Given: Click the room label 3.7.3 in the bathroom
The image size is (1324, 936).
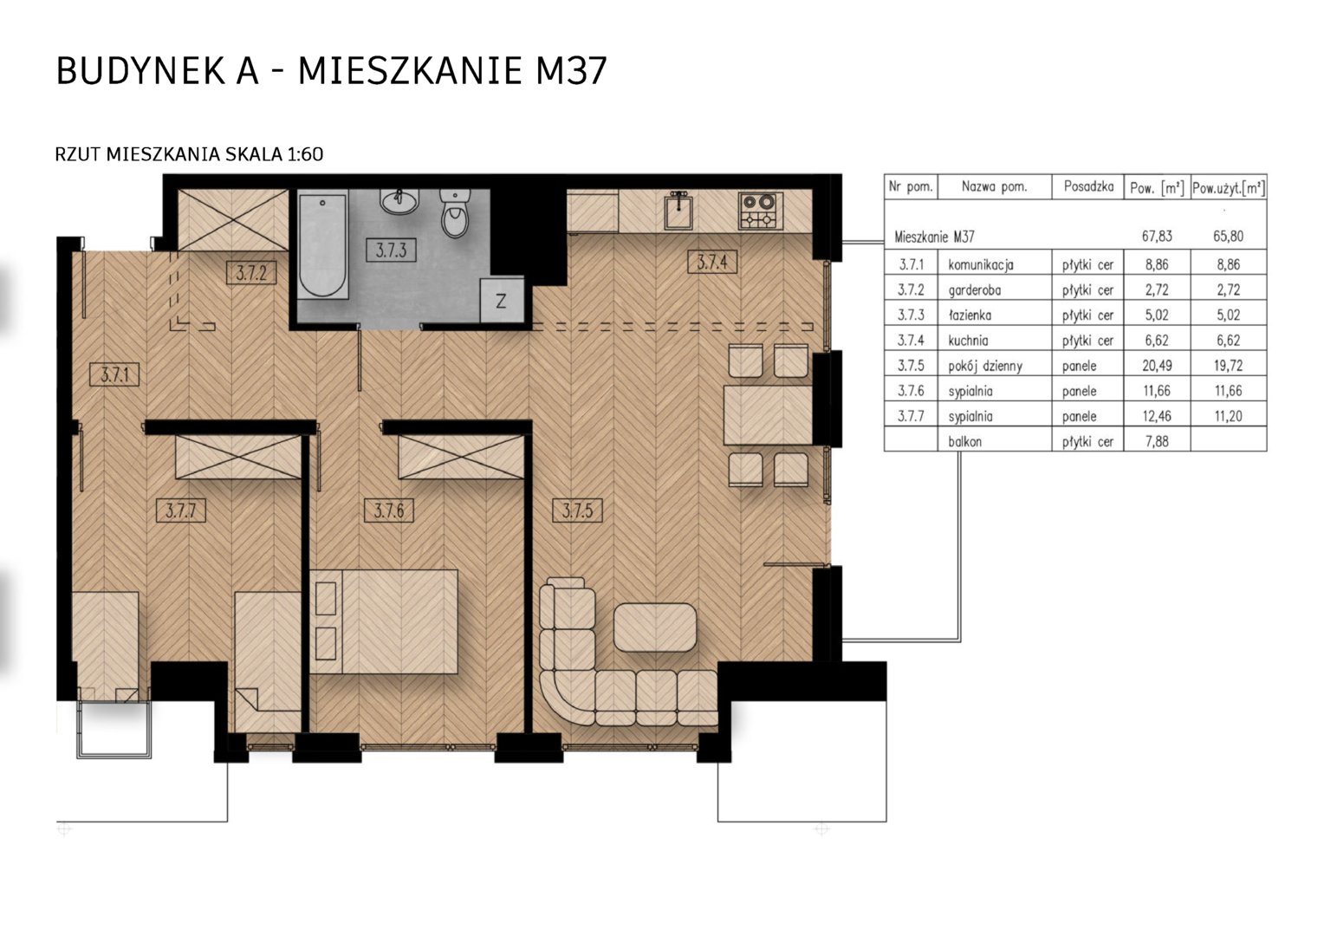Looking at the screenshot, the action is (391, 250).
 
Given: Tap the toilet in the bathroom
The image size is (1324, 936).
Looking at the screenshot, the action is (455, 213).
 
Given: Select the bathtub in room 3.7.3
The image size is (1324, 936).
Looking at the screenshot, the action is (322, 245).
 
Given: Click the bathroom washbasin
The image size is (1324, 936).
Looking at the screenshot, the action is (400, 201).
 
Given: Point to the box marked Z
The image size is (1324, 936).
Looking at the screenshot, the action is (501, 301).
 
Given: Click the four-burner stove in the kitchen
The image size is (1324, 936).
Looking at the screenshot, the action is (760, 211).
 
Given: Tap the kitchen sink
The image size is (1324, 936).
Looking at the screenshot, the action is (678, 211).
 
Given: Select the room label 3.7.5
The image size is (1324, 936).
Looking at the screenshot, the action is (577, 510).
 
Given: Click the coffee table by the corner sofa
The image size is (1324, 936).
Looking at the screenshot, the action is (655, 627).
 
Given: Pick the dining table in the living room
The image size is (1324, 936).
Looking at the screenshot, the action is (768, 415).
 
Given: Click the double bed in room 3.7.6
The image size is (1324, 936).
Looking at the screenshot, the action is (384, 621).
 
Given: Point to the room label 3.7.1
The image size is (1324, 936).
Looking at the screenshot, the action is (114, 374).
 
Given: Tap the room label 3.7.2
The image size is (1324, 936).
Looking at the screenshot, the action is (251, 273).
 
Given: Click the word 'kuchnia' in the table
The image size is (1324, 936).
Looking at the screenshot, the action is (968, 341).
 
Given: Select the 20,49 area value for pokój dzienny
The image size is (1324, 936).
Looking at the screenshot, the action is (1157, 366).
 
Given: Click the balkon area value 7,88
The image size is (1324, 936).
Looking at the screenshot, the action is (1157, 441).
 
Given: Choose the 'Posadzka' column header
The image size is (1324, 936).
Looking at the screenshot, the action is (1089, 187).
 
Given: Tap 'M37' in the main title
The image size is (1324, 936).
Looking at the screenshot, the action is (571, 71).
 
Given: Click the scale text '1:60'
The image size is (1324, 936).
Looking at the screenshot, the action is (305, 154).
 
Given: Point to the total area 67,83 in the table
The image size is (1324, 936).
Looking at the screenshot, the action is (1157, 237).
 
